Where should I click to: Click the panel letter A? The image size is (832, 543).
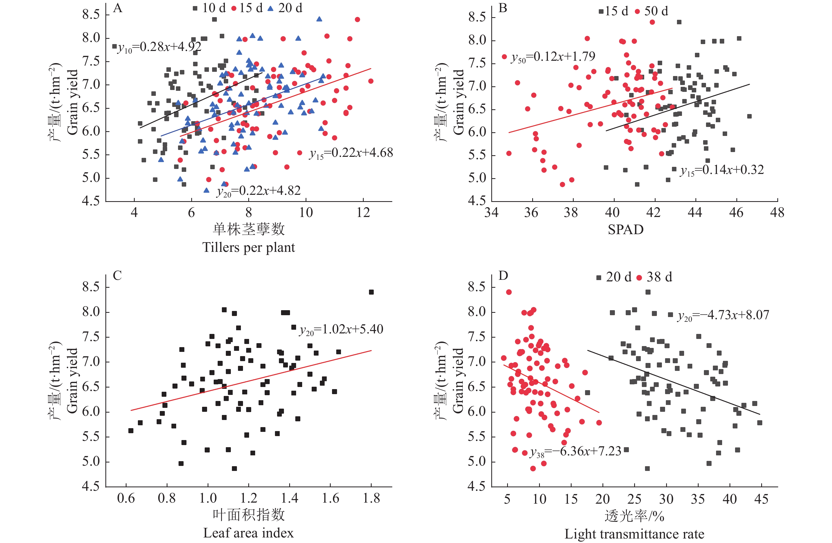pos(118,8)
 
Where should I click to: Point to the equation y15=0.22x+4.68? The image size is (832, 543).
pos(351,153)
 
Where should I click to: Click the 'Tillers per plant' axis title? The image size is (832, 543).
pos(249,247)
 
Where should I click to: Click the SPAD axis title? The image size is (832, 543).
pos(625,230)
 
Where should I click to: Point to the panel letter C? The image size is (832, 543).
pos(118,276)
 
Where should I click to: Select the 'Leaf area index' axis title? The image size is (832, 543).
pos(249,533)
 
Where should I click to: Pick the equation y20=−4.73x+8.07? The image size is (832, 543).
pos(723,315)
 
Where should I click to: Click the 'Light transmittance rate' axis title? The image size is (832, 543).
pos(634,534)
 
